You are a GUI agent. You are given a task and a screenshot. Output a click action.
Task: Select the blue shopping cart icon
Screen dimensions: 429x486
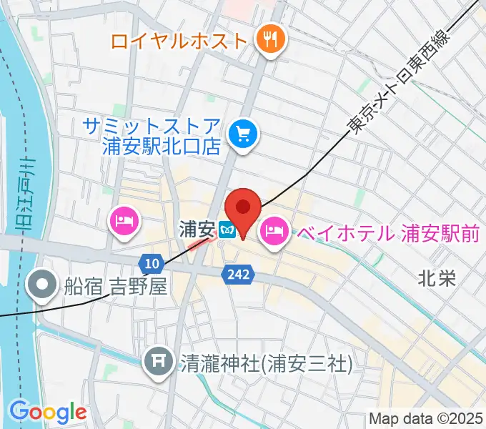243,134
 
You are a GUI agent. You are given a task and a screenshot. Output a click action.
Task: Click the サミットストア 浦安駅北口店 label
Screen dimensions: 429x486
149,135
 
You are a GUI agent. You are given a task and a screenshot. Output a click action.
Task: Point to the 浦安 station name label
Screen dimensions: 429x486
197,230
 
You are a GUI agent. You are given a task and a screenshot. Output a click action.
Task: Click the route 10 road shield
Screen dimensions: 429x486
150,262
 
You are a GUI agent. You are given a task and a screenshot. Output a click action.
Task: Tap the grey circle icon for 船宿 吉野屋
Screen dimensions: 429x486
42,286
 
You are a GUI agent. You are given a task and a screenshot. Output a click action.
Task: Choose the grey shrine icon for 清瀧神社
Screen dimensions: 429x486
158,364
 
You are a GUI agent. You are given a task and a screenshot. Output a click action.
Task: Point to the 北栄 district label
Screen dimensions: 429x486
436,279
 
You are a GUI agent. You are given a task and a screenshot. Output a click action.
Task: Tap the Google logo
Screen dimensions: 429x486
48,412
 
